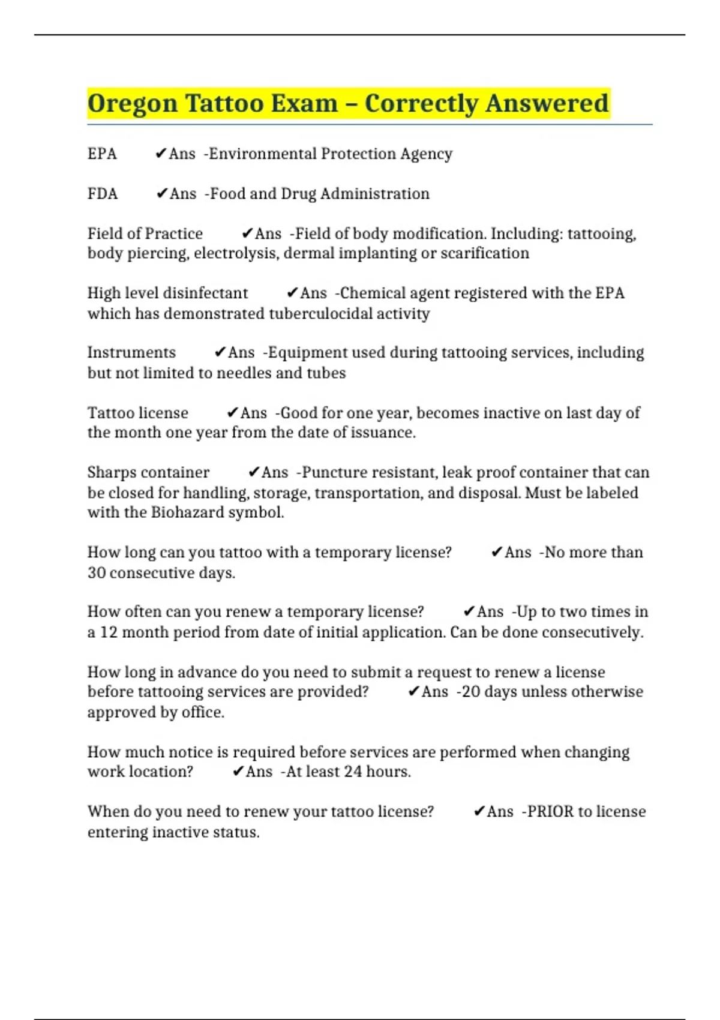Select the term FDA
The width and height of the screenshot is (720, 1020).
pyautogui.click(x=103, y=194)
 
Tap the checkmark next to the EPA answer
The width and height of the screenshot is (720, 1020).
pyautogui.click(x=160, y=154)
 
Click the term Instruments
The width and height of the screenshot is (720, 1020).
pyautogui.click(x=131, y=352)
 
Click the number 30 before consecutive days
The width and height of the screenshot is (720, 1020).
pyautogui.click(x=97, y=572)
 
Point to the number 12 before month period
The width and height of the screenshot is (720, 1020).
pyautogui.click(x=109, y=632)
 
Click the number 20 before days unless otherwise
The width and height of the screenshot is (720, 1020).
pyautogui.click(x=471, y=692)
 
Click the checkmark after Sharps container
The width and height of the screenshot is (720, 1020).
pyautogui.click(x=253, y=472)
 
